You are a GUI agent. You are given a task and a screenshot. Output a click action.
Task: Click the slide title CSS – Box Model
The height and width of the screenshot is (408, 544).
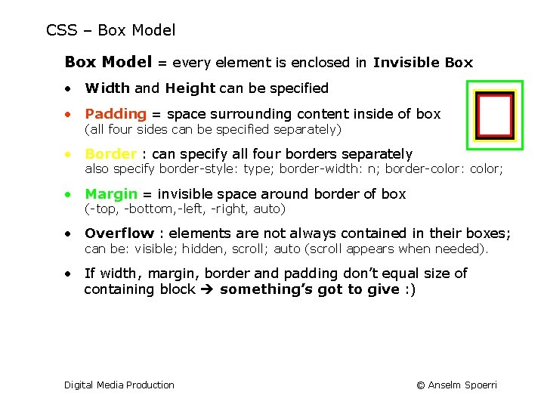tap(110, 31)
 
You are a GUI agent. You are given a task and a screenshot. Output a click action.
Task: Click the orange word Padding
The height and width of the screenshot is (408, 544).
tap(115, 114)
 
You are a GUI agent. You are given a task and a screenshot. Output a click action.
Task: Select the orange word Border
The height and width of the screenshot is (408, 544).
tap(111, 154)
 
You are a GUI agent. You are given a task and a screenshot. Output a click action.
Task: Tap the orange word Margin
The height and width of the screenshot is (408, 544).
tap(111, 194)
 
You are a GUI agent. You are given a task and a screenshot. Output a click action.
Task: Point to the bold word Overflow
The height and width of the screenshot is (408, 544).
tap(119, 233)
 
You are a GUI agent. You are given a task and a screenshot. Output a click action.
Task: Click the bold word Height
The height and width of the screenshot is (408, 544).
tap(190, 88)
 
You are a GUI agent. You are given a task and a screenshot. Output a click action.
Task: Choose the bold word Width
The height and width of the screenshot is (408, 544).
tap(107, 88)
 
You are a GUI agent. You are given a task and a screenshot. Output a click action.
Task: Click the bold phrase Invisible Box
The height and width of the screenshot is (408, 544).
tap(422, 63)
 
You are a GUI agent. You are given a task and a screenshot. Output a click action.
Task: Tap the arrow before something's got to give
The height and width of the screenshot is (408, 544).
tap(208, 289)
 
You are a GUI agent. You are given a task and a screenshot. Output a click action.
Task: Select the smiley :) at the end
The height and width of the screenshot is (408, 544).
tap(410, 289)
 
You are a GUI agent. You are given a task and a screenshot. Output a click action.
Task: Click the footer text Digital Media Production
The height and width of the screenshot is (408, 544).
tap(119, 385)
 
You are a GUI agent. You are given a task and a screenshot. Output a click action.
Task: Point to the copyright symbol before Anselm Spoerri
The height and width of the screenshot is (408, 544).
tap(420, 385)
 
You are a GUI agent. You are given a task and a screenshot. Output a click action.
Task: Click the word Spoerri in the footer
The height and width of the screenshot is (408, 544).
tap(480, 385)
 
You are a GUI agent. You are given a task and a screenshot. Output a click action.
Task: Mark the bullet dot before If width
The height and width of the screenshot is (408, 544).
tap(69, 274)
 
